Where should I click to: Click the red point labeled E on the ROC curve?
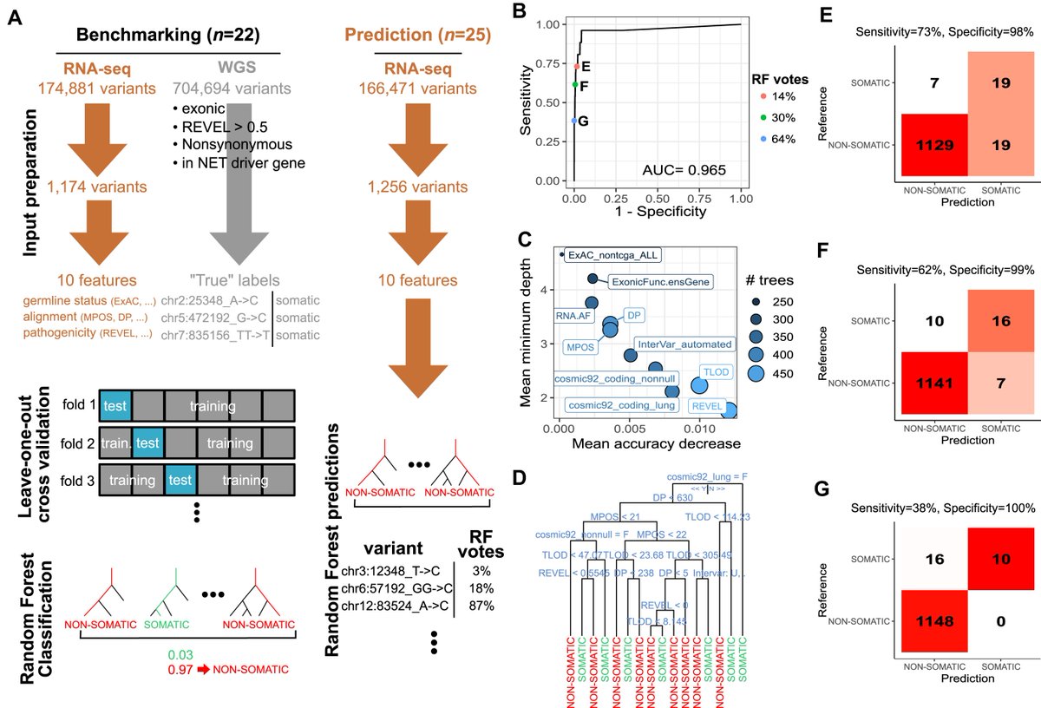pos(575,66)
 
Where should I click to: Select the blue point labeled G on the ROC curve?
pos(574,121)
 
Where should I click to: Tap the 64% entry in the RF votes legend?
pos(779,138)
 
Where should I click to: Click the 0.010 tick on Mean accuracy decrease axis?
pos(699,428)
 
